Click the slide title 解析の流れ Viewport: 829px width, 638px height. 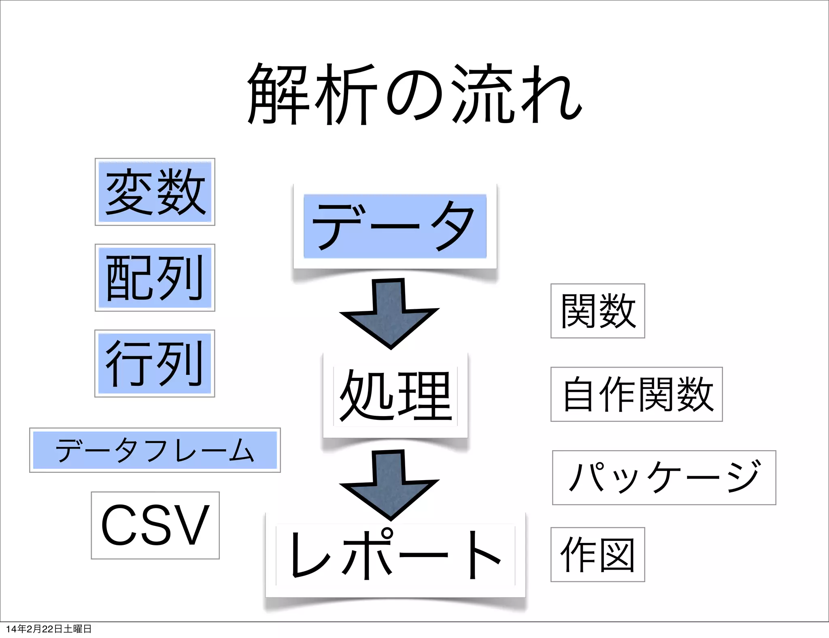(414, 94)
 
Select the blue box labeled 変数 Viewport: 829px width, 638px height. (155, 192)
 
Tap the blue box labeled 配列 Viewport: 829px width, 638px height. (155, 278)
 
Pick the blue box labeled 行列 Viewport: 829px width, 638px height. (155, 364)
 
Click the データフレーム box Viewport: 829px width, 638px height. (155, 450)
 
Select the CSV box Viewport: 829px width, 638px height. (155, 525)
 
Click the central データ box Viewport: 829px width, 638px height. (395, 226)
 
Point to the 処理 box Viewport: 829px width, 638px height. (395, 395)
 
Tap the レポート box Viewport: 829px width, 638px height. (395, 555)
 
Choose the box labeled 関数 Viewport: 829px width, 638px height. (597, 311)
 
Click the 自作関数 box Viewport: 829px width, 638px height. (636, 394)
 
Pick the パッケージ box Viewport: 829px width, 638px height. (664, 478)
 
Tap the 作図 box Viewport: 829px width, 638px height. (597, 555)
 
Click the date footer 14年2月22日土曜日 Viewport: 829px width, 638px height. (49, 629)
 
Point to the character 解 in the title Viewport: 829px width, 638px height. (279, 94)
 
